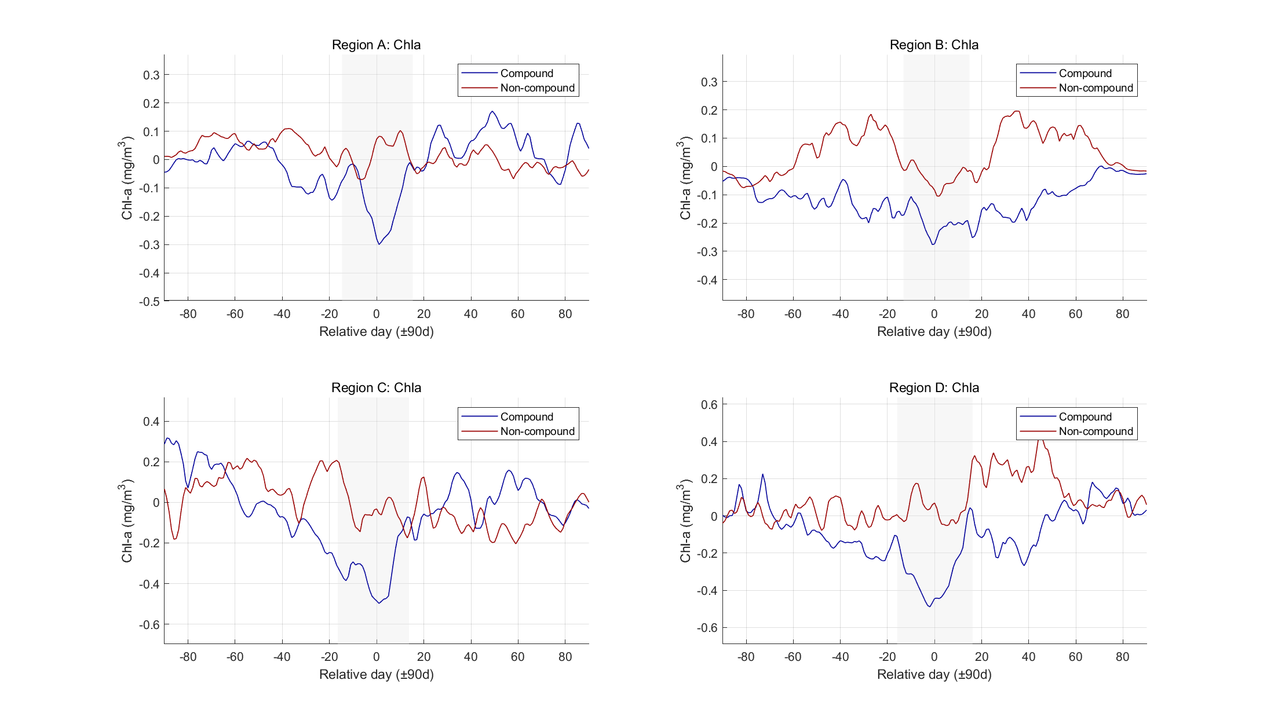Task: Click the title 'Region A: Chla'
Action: pos(376,45)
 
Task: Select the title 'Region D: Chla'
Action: pos(934,387)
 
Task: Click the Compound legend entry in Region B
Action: pos(1085,74)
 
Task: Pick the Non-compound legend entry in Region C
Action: pos(537,432)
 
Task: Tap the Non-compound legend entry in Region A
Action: pos(537,88)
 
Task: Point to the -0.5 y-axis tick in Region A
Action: pos(149,301)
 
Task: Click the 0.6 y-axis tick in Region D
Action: pos(709,404)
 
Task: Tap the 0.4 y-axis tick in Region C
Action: pos(151,422)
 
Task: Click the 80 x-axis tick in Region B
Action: pos(1122,314)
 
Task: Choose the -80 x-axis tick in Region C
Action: pos(188,657)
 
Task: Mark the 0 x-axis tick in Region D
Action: pos(934,657)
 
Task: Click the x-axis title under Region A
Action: pos(376,331)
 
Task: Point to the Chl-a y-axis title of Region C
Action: pos(127,520)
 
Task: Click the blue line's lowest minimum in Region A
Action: pos(379,244)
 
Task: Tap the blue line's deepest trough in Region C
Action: pos(379,603)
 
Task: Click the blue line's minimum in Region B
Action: pos(933,244)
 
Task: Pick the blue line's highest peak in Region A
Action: pos(492,111)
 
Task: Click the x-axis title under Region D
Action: pos(934,674)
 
